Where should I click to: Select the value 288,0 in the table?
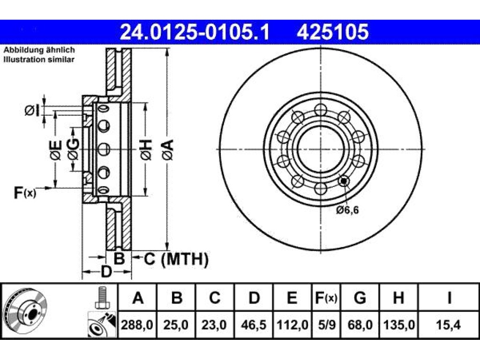click(137, 324)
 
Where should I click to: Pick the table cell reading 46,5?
click(254, 324)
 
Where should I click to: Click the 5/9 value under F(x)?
click(326, 324)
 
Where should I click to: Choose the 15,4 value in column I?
click(449, 324)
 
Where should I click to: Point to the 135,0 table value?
click(398, 324)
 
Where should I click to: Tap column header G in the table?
click(360, 298)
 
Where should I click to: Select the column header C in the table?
click(215, 298)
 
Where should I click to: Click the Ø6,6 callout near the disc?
click(347, 210)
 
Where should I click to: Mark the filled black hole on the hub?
click(344, 181)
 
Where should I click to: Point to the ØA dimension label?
click(168, 150)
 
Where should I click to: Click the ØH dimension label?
click(146, 150)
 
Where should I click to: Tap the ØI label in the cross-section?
click(32, 111)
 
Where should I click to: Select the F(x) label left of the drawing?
click(25, 193)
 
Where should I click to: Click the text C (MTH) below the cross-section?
click(176, 259)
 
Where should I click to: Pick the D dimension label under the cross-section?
click(106, 272)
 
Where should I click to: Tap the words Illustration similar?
click(39, 60)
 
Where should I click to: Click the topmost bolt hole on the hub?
click(321, 109)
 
